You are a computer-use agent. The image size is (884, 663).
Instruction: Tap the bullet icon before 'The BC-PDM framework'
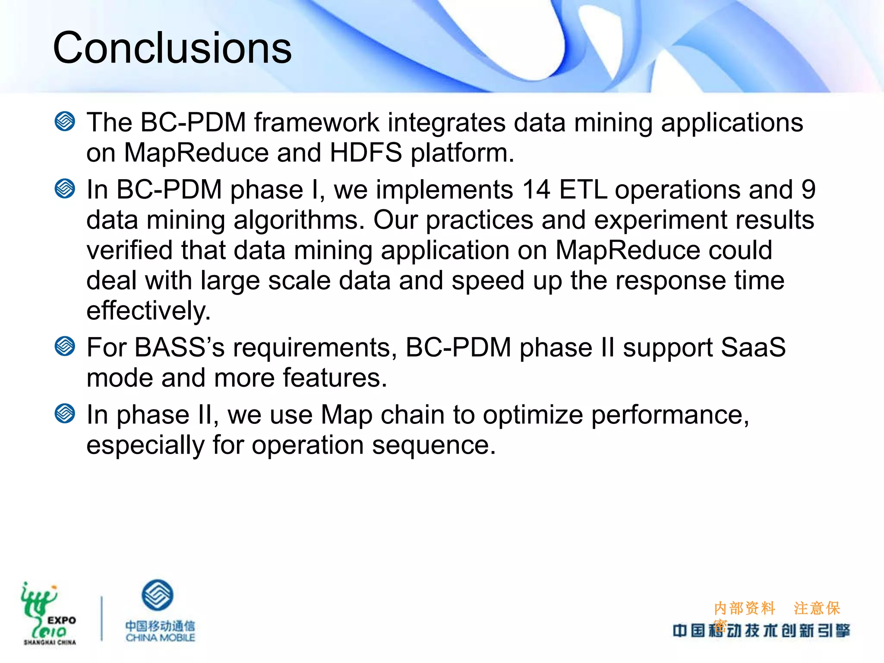(x=65, y=121)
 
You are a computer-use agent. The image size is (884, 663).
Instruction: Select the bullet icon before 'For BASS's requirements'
(x=65, y=346)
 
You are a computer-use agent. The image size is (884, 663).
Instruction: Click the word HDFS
(x=366, y=153)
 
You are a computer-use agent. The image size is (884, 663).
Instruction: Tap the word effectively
(x=148, y=311)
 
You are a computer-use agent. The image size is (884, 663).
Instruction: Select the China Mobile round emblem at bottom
(x=158, y=595)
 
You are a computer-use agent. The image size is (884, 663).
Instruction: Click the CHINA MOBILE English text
(x=160, y=638)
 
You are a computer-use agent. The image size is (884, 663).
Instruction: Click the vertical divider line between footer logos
(x=102, y=618)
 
